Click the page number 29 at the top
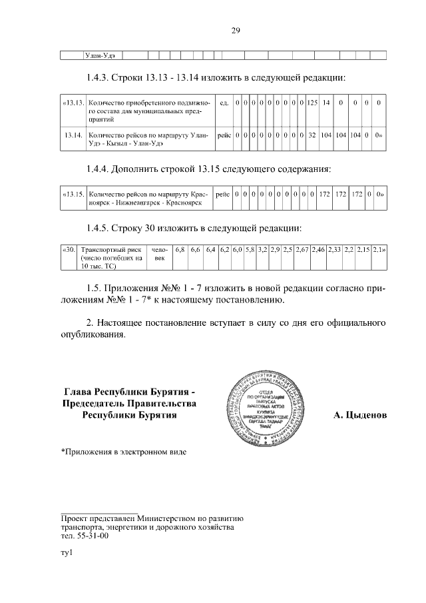(x=236, y=30)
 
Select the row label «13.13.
(x=73, y=103)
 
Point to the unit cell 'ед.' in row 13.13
(x=224, y=103)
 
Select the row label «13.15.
(x=73, y=195)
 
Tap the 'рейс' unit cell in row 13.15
(x=224, y=195)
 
